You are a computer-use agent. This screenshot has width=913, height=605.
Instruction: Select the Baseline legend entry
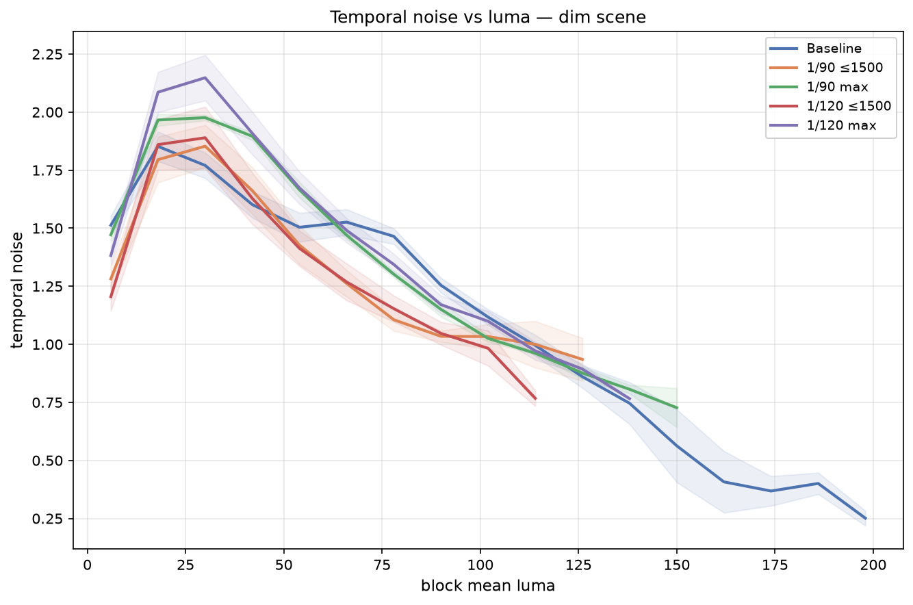click(816, 49)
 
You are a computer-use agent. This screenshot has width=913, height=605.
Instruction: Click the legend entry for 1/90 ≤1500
click(826, 68)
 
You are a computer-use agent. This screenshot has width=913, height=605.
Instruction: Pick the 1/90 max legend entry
click(819, 87)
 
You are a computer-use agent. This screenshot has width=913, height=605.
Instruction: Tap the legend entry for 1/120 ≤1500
click(830, 106)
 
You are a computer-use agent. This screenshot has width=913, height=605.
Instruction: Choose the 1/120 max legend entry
click(823, 125)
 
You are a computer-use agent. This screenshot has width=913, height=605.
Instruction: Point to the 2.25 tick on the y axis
click(47, 54)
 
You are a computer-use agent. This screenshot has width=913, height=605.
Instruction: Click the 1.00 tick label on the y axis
click(47, 344)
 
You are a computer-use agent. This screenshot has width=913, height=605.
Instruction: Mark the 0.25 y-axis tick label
click(47, 519)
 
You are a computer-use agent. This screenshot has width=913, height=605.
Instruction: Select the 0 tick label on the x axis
click(87, 565)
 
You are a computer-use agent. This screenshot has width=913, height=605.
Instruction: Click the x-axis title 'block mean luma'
click(488, 586)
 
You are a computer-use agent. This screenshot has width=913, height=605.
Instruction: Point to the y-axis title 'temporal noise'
click(17, 290)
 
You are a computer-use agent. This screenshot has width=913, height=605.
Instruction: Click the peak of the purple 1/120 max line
click(205, 77)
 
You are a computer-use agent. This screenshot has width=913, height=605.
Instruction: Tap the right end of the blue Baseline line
click(866, 519)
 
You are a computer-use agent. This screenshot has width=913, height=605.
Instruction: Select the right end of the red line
click(536, 398)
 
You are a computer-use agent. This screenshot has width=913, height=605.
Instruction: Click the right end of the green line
click(677, 408)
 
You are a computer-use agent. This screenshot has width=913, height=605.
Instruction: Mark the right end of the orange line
click(583, 359)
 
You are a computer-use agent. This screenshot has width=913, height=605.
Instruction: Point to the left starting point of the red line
click(110, 298)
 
